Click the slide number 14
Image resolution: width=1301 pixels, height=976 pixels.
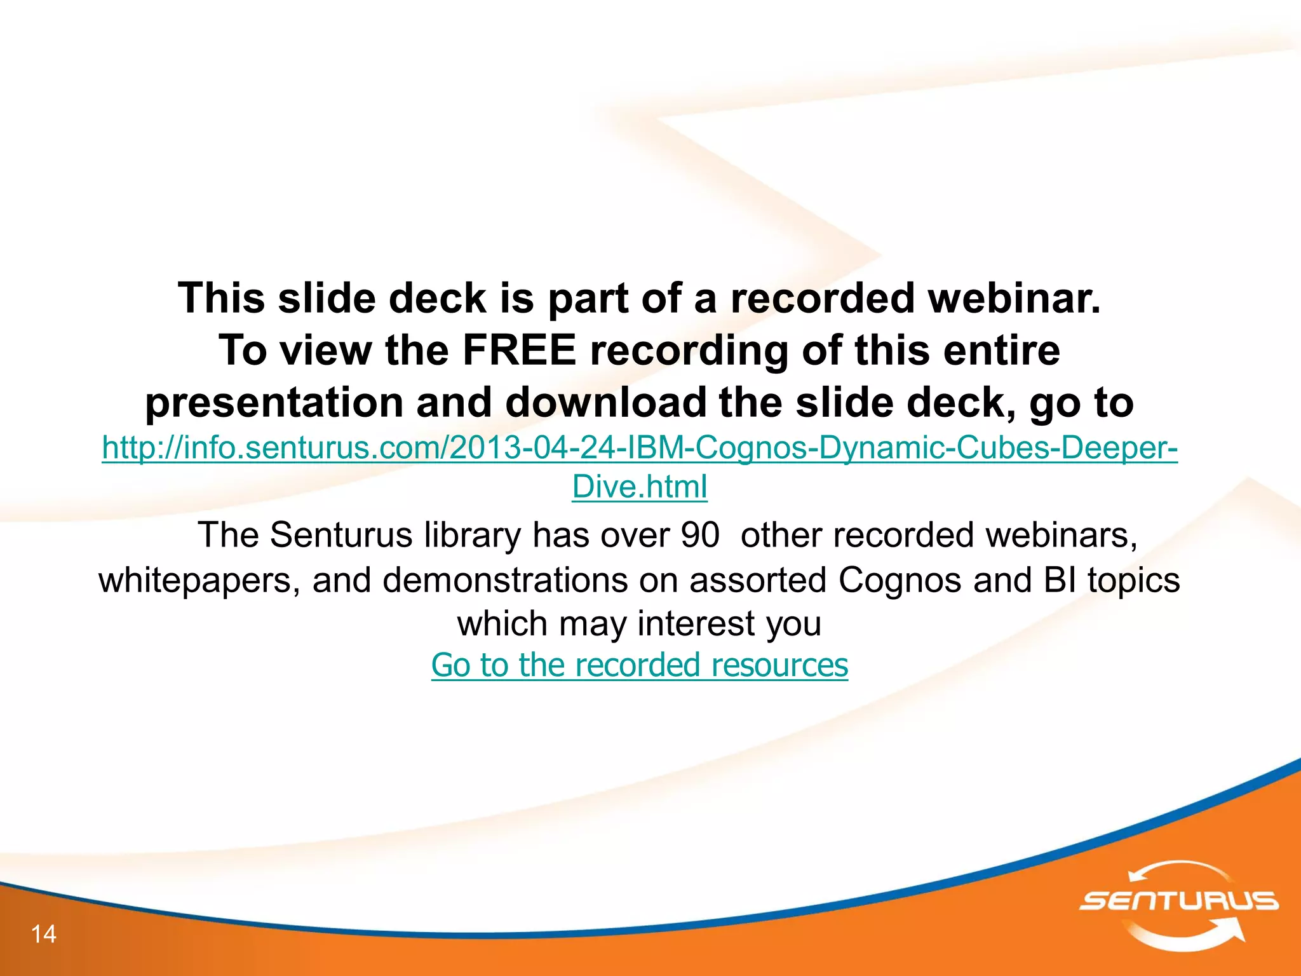coord(44,934)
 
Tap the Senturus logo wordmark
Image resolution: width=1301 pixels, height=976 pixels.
coord(1179,901)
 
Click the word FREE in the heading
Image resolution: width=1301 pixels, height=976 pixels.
coord(518,350)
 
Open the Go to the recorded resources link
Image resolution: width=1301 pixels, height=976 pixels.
coord(639,665)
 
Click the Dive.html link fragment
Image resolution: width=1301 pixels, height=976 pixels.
coord(639,487)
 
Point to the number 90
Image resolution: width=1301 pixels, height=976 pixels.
coord(699,535)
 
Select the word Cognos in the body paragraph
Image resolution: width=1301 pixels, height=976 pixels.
coord(900,580)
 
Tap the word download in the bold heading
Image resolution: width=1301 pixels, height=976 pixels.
coord(605,403)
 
